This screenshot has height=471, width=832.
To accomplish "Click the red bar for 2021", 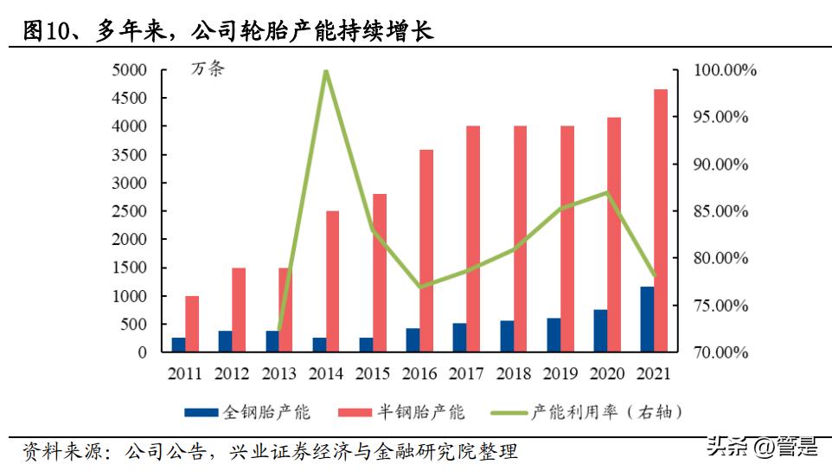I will click(661, 221).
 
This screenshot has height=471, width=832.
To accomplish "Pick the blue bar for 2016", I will click(413, 340).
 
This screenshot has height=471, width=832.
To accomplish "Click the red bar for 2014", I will click(333, 281).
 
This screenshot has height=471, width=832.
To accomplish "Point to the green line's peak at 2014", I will click(325, 71).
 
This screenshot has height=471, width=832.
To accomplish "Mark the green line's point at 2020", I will click(607, 192).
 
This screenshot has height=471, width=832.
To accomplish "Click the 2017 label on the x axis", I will click(466, 374).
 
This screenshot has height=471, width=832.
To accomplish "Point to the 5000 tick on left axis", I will click(129, 70).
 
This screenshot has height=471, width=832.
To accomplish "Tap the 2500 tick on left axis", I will click(129, 211).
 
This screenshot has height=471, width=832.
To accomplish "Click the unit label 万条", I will click(207, 70).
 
